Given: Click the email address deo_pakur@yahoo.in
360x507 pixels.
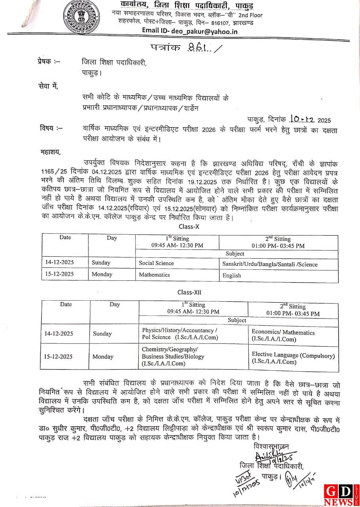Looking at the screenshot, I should click(190, 31).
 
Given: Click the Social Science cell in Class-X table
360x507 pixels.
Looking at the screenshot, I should click(156, 263).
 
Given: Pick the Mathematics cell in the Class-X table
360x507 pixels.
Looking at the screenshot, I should click(154, 274).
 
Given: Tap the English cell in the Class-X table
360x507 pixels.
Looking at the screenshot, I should click(232, 275).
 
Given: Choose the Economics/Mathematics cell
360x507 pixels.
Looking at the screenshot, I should click(283, 336).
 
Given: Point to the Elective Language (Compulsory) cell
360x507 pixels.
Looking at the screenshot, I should click(293, 358).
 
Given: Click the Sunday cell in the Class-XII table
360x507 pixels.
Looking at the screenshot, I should click(102, 334).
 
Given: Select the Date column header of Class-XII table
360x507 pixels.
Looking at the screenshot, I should click(66, 304).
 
